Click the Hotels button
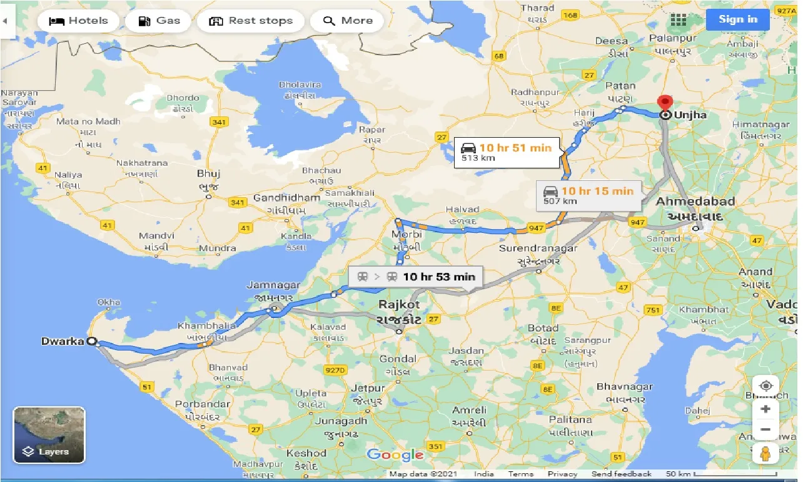pos(78,21)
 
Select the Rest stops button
pos(250,21)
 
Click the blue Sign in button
pos(737,19)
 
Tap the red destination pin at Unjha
pos(665,103)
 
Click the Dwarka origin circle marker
pos(92,342)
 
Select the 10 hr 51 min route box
pos(507,152)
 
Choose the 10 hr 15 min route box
pos(589,195)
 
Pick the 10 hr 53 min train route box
pos(415,277)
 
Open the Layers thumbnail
pos(49,434)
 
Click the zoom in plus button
pos(765,409)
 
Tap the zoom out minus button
pos(765,430)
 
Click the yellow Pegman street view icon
pos(765,453)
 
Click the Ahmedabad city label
pos(695,202)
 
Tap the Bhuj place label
pos(209,173)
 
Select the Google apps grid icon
pos(679,20)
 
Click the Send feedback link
pos(621,474)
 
